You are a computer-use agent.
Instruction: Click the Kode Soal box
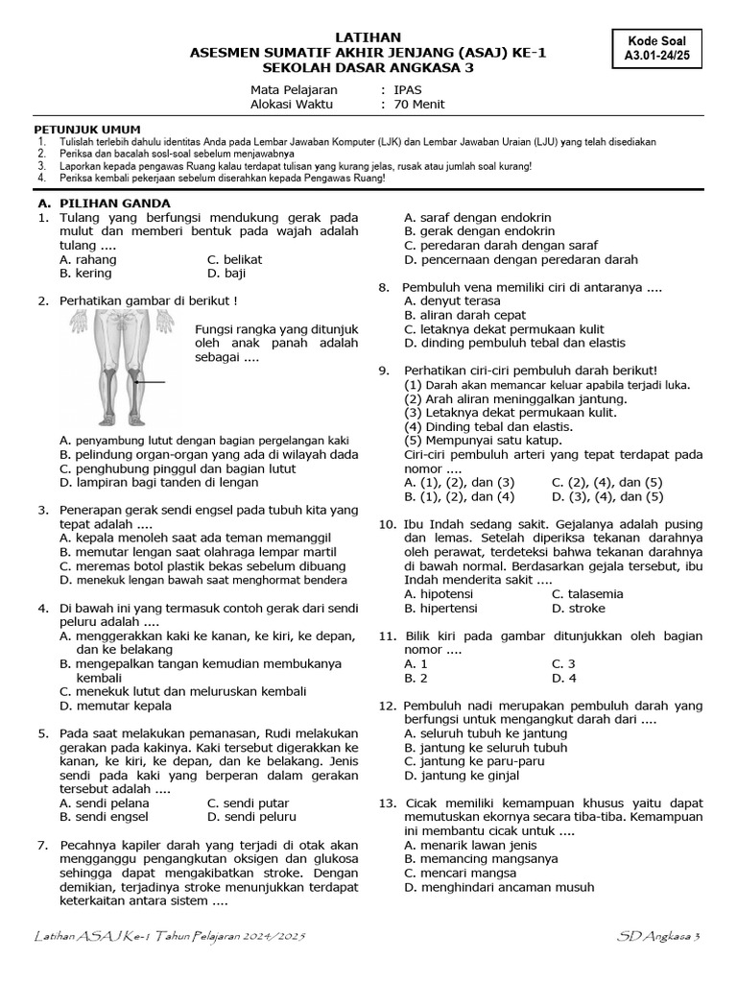pyautogui.click(x=662, y=49)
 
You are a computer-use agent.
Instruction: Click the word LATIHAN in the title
pyautogui.click(x=369, y=36)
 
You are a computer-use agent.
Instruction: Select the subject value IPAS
pyautogui.click(x=414, y=89)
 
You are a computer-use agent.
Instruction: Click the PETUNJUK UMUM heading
pyautogui.click(x=87, y=129)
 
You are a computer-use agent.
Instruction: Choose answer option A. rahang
pyautogui.click(x=87, y=259)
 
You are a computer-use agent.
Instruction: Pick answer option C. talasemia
pyautogui.click(x=587, y=594)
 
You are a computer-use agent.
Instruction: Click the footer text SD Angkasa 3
pyautogui.click(x=659, y=935)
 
